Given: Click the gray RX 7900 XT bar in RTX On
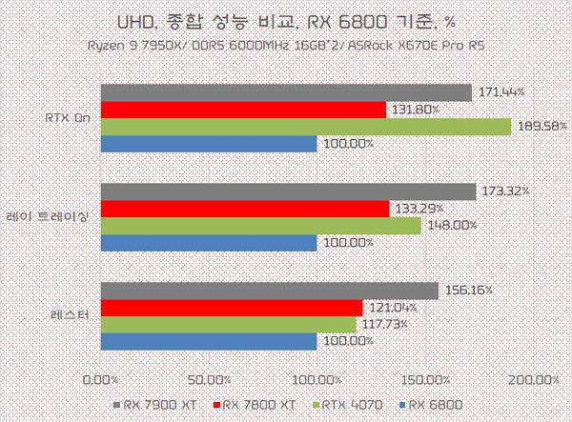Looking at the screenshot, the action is (x=286, y=92).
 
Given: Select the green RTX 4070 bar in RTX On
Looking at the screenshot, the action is (x=306, y=127).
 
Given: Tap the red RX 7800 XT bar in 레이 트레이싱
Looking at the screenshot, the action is (x=245, y=209).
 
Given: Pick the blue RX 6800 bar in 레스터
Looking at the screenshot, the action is (x=209, y=341).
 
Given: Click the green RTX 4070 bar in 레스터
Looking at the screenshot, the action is (x=229, y=325).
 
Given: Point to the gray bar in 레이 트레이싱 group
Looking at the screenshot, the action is (x=289, y=191).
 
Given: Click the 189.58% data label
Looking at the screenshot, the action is (x=542, y=127).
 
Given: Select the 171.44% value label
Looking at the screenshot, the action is (x=501, y=91).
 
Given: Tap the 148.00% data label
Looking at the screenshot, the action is (x=452, y=225).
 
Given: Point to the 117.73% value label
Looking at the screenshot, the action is (x=385, y=324).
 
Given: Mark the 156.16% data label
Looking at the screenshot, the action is (x=469, y=291).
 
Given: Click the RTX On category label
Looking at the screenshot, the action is (x=68, y=118).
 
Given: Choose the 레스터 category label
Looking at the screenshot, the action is (x=70, y=315).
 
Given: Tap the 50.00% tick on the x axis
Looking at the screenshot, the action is (x=210, y=380).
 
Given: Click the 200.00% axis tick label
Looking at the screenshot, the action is (x=534, y=380).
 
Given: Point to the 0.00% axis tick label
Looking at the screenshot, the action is (x=101, y=380).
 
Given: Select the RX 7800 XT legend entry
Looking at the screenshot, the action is (x=255, y=405).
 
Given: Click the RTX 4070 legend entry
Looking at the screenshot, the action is (x=348, y=405).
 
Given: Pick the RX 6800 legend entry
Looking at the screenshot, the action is (x=431, y=405).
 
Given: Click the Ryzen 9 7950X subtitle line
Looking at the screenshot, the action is (x=286, y=46).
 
